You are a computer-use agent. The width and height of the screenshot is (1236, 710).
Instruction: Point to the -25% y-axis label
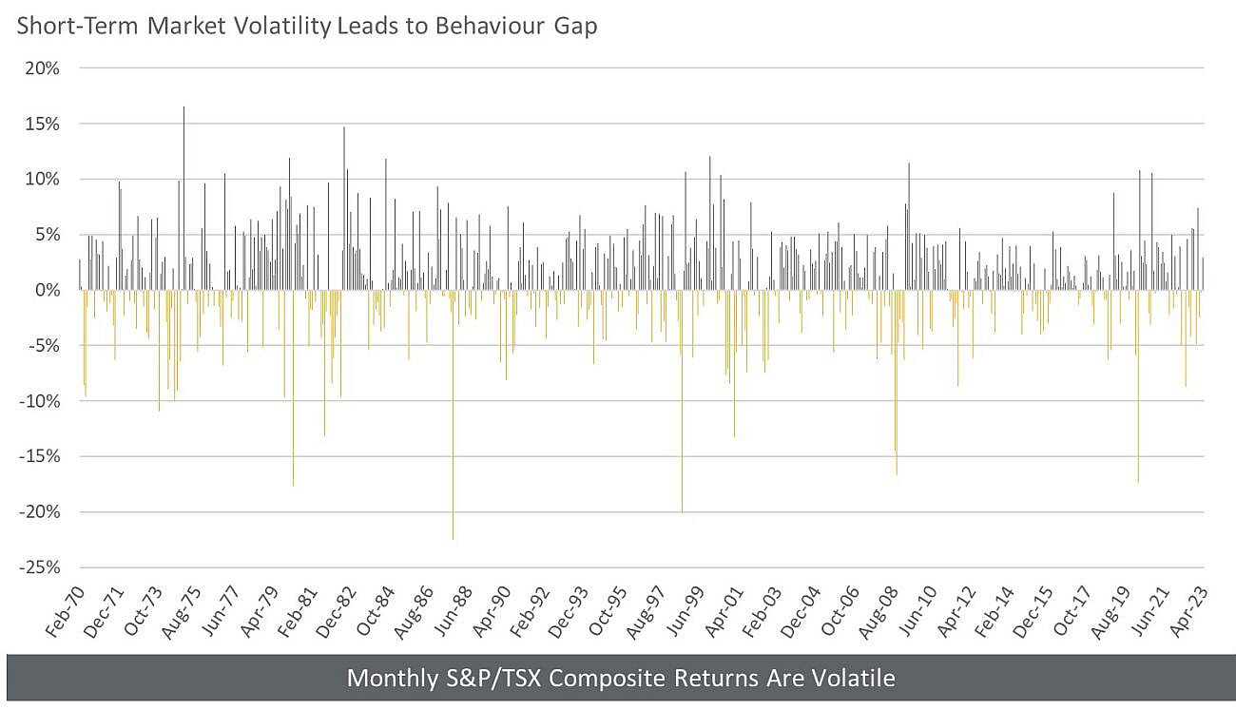tap(40, 567)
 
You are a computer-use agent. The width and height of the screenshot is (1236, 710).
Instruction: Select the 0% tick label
tap(48, 290)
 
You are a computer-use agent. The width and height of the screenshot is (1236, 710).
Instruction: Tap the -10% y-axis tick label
tap(40, 401)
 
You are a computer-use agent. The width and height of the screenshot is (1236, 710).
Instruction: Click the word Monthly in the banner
tap(385, 679)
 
